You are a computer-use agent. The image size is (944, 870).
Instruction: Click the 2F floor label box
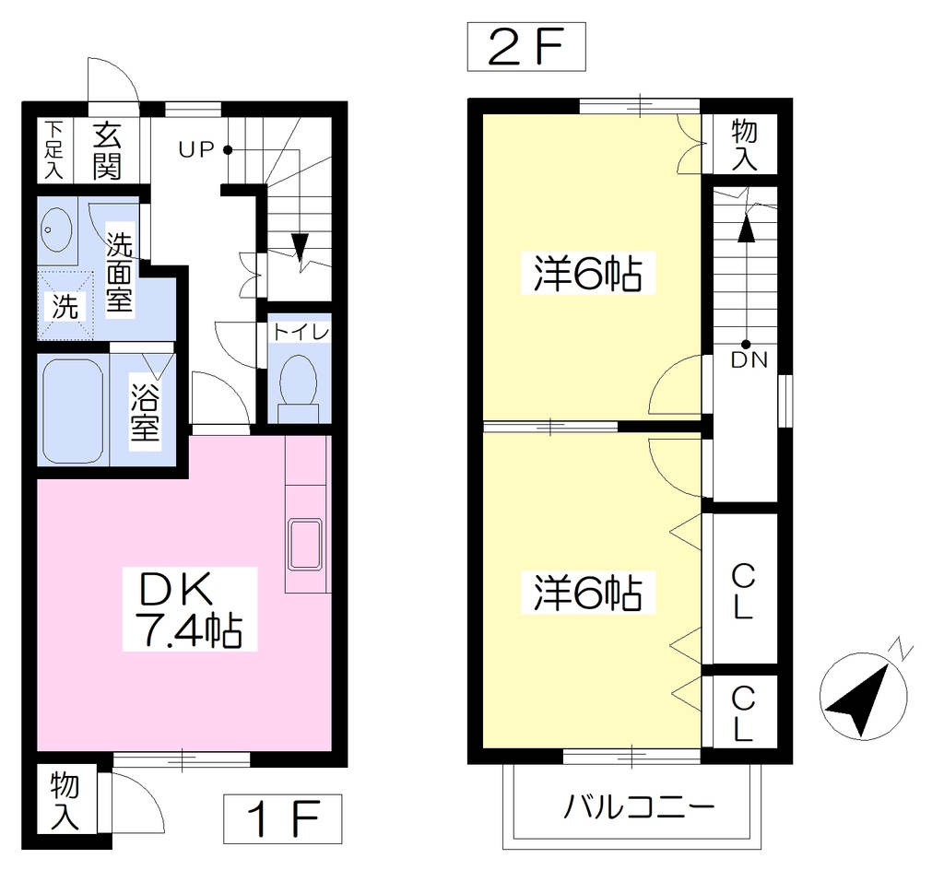tap(526, 47)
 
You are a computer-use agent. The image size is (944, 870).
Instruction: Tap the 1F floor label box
tap(282, 819)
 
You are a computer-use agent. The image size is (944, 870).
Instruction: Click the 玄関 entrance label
tap(107, 151)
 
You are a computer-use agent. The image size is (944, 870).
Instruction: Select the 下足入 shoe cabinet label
tap(54, 150)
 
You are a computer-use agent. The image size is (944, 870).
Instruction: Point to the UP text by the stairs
tap(196, 150)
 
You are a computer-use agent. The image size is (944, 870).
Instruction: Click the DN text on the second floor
tap(749, 359)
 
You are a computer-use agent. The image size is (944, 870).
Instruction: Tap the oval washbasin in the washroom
tap(56, 229)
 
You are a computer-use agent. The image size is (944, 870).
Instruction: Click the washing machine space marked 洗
tap(65, 306)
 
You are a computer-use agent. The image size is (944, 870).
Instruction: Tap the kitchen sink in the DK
tap(306, 544)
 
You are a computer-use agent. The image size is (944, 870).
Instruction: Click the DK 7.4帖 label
tap(190, 609)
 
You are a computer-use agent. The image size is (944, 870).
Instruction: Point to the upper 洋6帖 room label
tap(587, 274)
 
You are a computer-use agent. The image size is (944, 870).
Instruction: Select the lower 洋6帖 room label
tap(587, 594)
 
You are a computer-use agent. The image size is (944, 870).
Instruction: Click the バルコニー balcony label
tap(639, 807)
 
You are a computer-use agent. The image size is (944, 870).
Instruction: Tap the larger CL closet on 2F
tap(745, 589)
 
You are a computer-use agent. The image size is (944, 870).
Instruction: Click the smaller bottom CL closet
tap(745, 711)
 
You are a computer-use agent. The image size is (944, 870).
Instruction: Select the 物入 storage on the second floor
tap(744, 144)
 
